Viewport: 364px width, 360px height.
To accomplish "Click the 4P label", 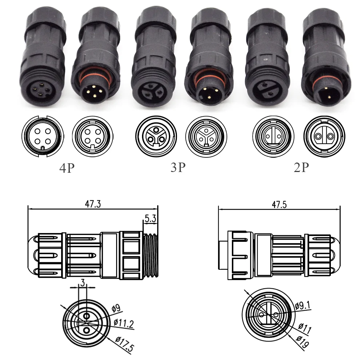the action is coord(67,168).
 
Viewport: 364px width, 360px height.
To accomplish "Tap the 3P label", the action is coord(178,167).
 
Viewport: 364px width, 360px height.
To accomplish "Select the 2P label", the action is coord(301,167).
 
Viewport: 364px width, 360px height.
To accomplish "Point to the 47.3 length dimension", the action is coord(93,204).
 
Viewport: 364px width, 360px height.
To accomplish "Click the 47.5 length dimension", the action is coord(279,205).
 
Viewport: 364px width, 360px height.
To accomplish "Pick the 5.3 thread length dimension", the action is coord(150,218).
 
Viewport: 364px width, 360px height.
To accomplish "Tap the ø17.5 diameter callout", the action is coord(124,344).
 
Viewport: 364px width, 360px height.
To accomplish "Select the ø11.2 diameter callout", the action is coord(124,323).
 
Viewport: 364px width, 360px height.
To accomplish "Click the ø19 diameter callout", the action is coord(302,342).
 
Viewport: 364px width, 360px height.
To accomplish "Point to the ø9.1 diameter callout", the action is coord(303,306).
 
